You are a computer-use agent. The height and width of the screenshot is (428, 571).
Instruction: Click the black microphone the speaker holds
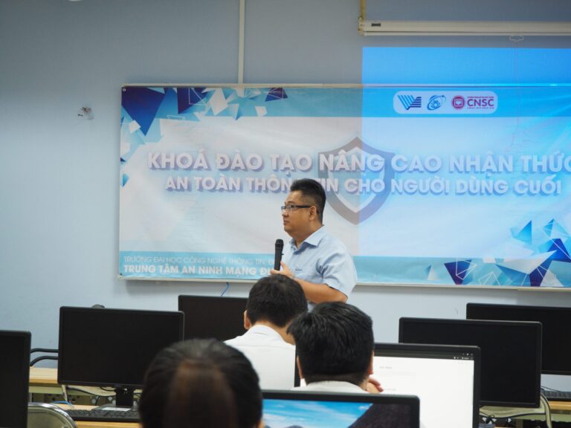click(x=278, y=253)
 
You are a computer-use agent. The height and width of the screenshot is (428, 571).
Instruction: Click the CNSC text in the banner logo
click(x=481, y=103)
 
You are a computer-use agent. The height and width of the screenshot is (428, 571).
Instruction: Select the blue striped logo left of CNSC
click(x=409, y=102)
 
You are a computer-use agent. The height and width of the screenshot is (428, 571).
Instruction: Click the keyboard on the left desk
click(x=100, y=414)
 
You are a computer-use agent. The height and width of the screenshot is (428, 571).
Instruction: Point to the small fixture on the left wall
click(x=86, y=113)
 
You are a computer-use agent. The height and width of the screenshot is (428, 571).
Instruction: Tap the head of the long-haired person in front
click(x=201, y=383)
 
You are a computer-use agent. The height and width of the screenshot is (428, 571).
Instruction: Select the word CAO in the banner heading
click(x=416, y=163)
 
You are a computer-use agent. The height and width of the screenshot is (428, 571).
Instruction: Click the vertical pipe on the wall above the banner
click(x=242, y=41)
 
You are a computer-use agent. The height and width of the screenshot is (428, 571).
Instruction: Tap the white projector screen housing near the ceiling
click(x=465, y=27)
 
